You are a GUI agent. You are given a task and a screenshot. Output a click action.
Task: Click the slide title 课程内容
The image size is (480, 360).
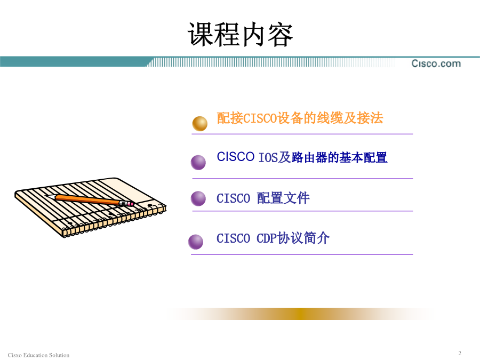(241, 35)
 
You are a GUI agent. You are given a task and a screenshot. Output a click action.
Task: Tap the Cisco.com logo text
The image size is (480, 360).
(436, 63)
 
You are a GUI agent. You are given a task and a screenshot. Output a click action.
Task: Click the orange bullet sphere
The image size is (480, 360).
(199, 123)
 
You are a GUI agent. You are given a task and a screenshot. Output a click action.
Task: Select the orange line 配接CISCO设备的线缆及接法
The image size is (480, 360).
(300, 118)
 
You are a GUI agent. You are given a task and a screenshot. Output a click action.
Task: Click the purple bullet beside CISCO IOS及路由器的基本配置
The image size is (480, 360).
(198, 162)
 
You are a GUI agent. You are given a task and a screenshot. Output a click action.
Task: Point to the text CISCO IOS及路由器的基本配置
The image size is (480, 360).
(302, 157)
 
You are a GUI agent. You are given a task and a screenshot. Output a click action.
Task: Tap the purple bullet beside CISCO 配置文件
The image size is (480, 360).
(198, 198)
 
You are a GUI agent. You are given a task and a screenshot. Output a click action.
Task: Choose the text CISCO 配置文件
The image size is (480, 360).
(263, 198)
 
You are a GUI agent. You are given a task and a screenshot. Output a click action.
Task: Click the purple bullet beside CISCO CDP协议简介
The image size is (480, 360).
(196, 242)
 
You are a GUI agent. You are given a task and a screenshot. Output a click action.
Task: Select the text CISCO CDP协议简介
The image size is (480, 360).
(273, 238)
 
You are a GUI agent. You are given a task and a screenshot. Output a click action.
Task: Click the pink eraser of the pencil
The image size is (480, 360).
(131, 204)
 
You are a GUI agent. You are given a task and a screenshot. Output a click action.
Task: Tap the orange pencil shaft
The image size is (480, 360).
(87, 199)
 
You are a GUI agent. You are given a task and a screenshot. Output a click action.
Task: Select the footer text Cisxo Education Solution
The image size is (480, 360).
(38, 355)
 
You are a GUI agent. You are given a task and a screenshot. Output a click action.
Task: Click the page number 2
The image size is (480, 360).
(460, 353)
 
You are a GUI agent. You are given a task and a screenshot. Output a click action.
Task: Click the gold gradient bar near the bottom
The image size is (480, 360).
(301, 314)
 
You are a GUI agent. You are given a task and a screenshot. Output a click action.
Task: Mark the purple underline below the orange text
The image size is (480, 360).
(302, 134)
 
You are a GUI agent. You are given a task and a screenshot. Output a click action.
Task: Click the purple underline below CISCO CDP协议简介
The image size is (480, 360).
(302, 254)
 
